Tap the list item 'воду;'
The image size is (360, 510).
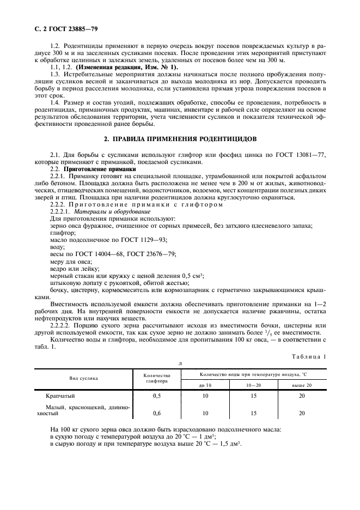pyautogui.click(x=58, y=247)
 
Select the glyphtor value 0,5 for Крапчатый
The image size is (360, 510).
pyautogui.click(x=157, y=396)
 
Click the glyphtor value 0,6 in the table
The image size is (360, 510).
pyautogui.click(x=157, y=413)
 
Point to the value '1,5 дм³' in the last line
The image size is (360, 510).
pyautogui.click(x=229, y=445)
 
